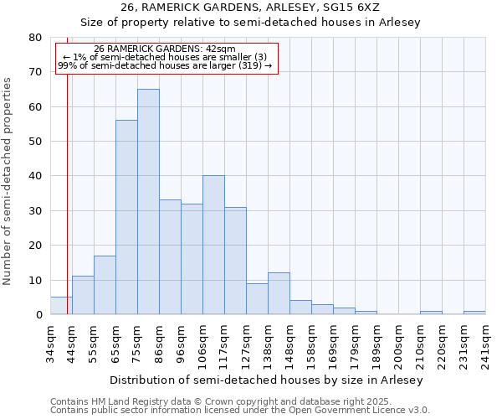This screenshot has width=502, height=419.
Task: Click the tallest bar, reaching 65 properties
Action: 148,201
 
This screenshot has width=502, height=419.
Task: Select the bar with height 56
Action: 126,217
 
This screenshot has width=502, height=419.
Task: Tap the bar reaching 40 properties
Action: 213,245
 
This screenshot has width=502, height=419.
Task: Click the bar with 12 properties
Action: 279,293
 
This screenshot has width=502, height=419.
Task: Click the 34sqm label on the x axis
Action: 51,341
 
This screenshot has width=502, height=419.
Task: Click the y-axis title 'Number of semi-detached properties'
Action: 8,181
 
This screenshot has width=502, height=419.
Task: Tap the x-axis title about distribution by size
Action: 266,380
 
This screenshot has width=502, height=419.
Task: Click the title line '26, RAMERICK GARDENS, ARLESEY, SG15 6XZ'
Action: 250,8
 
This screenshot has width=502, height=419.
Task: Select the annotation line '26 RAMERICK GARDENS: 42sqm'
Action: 165,49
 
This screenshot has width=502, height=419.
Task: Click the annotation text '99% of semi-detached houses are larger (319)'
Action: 165,66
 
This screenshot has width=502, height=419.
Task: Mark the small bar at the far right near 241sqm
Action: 474,313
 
